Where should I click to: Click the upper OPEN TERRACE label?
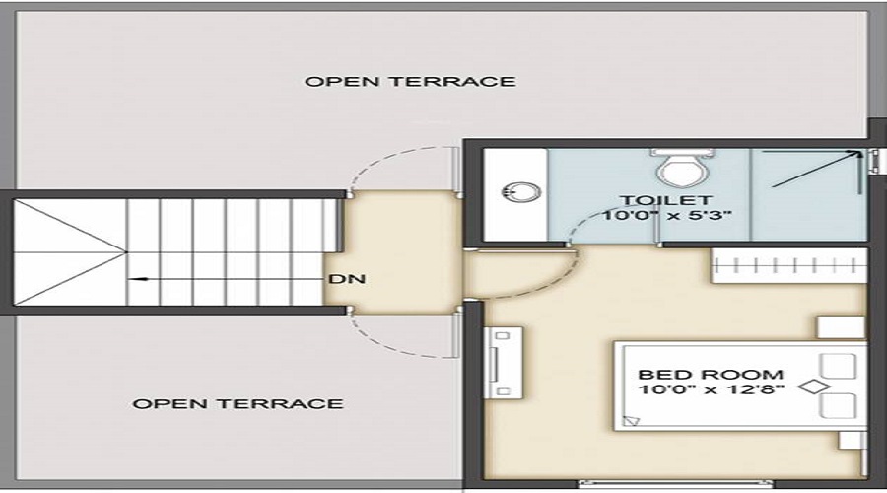click(409, 81)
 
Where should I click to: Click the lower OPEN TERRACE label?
click(238, 403)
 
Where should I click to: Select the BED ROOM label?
click(711, 375)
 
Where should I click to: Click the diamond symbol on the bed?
click(811, 387)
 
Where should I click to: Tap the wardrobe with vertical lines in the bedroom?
click(787, 263)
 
